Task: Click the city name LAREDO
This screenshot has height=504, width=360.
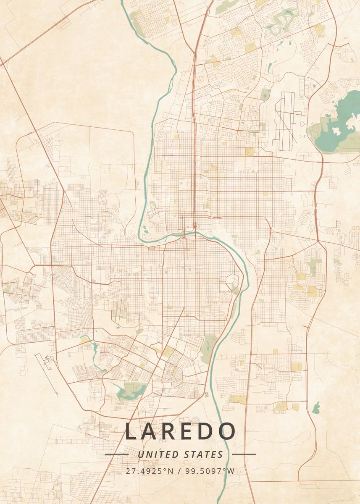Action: [180, 431]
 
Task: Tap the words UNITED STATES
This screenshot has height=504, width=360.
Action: [180, 454]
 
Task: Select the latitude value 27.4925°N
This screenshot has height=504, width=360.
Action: [149, 471]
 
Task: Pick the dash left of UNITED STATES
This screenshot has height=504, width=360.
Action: [116, 454]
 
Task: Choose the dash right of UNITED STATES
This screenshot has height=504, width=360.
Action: [244, 454]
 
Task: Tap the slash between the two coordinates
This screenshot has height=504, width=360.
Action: [179, 471]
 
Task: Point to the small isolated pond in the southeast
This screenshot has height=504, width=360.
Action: [316, 407]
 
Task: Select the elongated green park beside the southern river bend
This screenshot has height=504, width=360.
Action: [208, 349]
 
